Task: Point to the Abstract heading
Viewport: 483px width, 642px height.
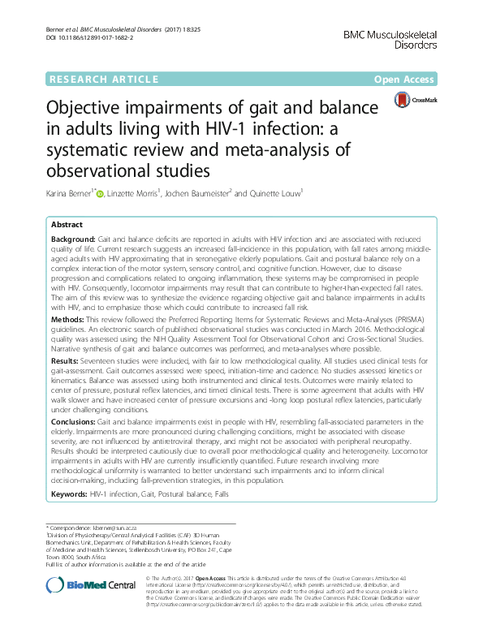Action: coord(67,224)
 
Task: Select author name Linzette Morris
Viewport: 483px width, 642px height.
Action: coord(154,194)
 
